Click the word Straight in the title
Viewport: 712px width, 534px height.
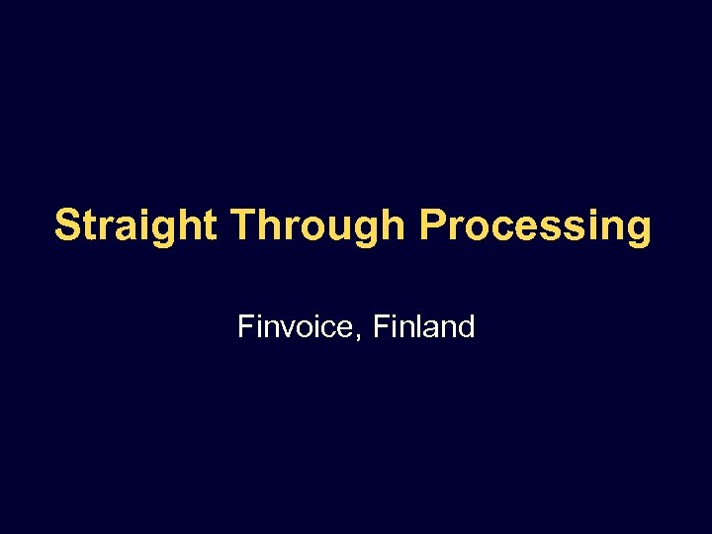click(x=135, y=225)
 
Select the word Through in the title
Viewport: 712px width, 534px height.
click(x=317, y=225)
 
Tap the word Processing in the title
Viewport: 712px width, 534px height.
click(x=535, y=225)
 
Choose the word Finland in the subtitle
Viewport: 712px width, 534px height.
click(x=426, y=326)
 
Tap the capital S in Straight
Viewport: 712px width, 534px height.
click(x=67, y=225)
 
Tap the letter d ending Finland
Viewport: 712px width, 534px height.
click(x=466, y=326)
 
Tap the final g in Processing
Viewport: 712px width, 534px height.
click(x=639, y=230)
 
